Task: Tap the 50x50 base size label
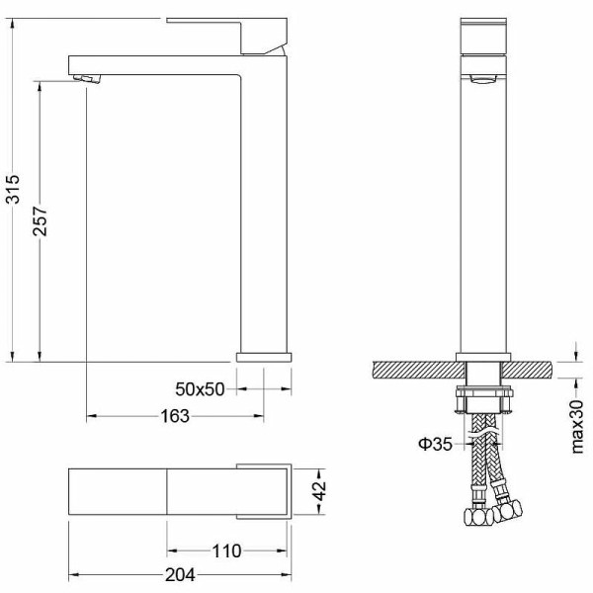[x=201, y=389]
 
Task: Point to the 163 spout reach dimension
[x=174, y=416]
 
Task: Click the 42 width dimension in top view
[x=318, y=491]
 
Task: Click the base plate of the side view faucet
[x=264, y=355]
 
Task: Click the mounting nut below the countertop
[x=482, y=400]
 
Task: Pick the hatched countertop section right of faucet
[x=530, y=371]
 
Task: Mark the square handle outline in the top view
[x=265, y=491]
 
